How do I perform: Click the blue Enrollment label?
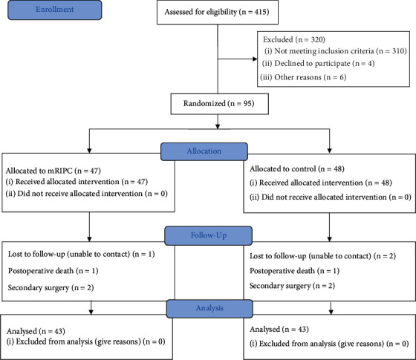55,10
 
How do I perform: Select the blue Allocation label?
204,151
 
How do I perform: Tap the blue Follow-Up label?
209,235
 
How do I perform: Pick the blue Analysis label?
209,309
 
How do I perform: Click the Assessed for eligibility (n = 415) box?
218,12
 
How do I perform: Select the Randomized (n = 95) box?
219,104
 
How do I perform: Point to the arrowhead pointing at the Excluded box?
255,59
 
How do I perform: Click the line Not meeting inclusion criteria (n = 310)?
336,51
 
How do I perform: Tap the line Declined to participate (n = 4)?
318,64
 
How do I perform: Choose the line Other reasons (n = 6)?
303,77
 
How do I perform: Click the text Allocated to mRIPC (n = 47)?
53,171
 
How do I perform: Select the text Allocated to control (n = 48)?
297,169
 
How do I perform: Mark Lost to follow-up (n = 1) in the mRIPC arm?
81,254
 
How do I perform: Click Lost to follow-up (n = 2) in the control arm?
322,256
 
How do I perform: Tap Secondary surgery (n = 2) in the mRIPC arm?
51,288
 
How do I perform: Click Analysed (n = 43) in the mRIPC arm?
36,331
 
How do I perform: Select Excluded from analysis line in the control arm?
329,344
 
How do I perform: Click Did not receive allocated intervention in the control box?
331,197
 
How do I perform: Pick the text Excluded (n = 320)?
294,40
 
